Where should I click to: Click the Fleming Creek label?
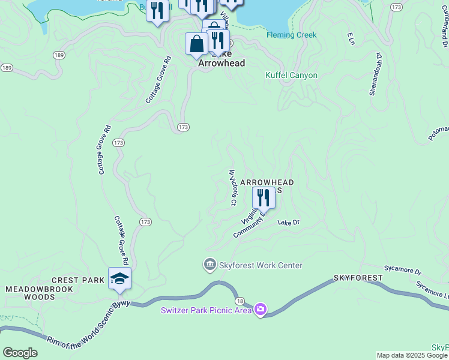tap(292, 35)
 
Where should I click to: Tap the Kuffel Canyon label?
tap(291, 76)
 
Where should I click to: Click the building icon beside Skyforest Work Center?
tap(210, 265)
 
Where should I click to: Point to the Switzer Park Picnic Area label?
tap(206, 310)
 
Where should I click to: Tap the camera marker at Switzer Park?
tap(261, 310)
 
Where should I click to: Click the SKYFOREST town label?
tap(358, 278)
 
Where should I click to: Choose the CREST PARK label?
tap(78, 280)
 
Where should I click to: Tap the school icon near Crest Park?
tap(119, 278)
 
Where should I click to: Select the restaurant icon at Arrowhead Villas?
tap(263, 197)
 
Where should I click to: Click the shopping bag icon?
tap(196, 44)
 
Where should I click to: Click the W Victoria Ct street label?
tap(232, 187)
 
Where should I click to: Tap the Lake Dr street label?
tap(288, 222)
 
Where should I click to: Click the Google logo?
tap(20, 353)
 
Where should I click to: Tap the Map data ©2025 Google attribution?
tap(412, 355)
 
